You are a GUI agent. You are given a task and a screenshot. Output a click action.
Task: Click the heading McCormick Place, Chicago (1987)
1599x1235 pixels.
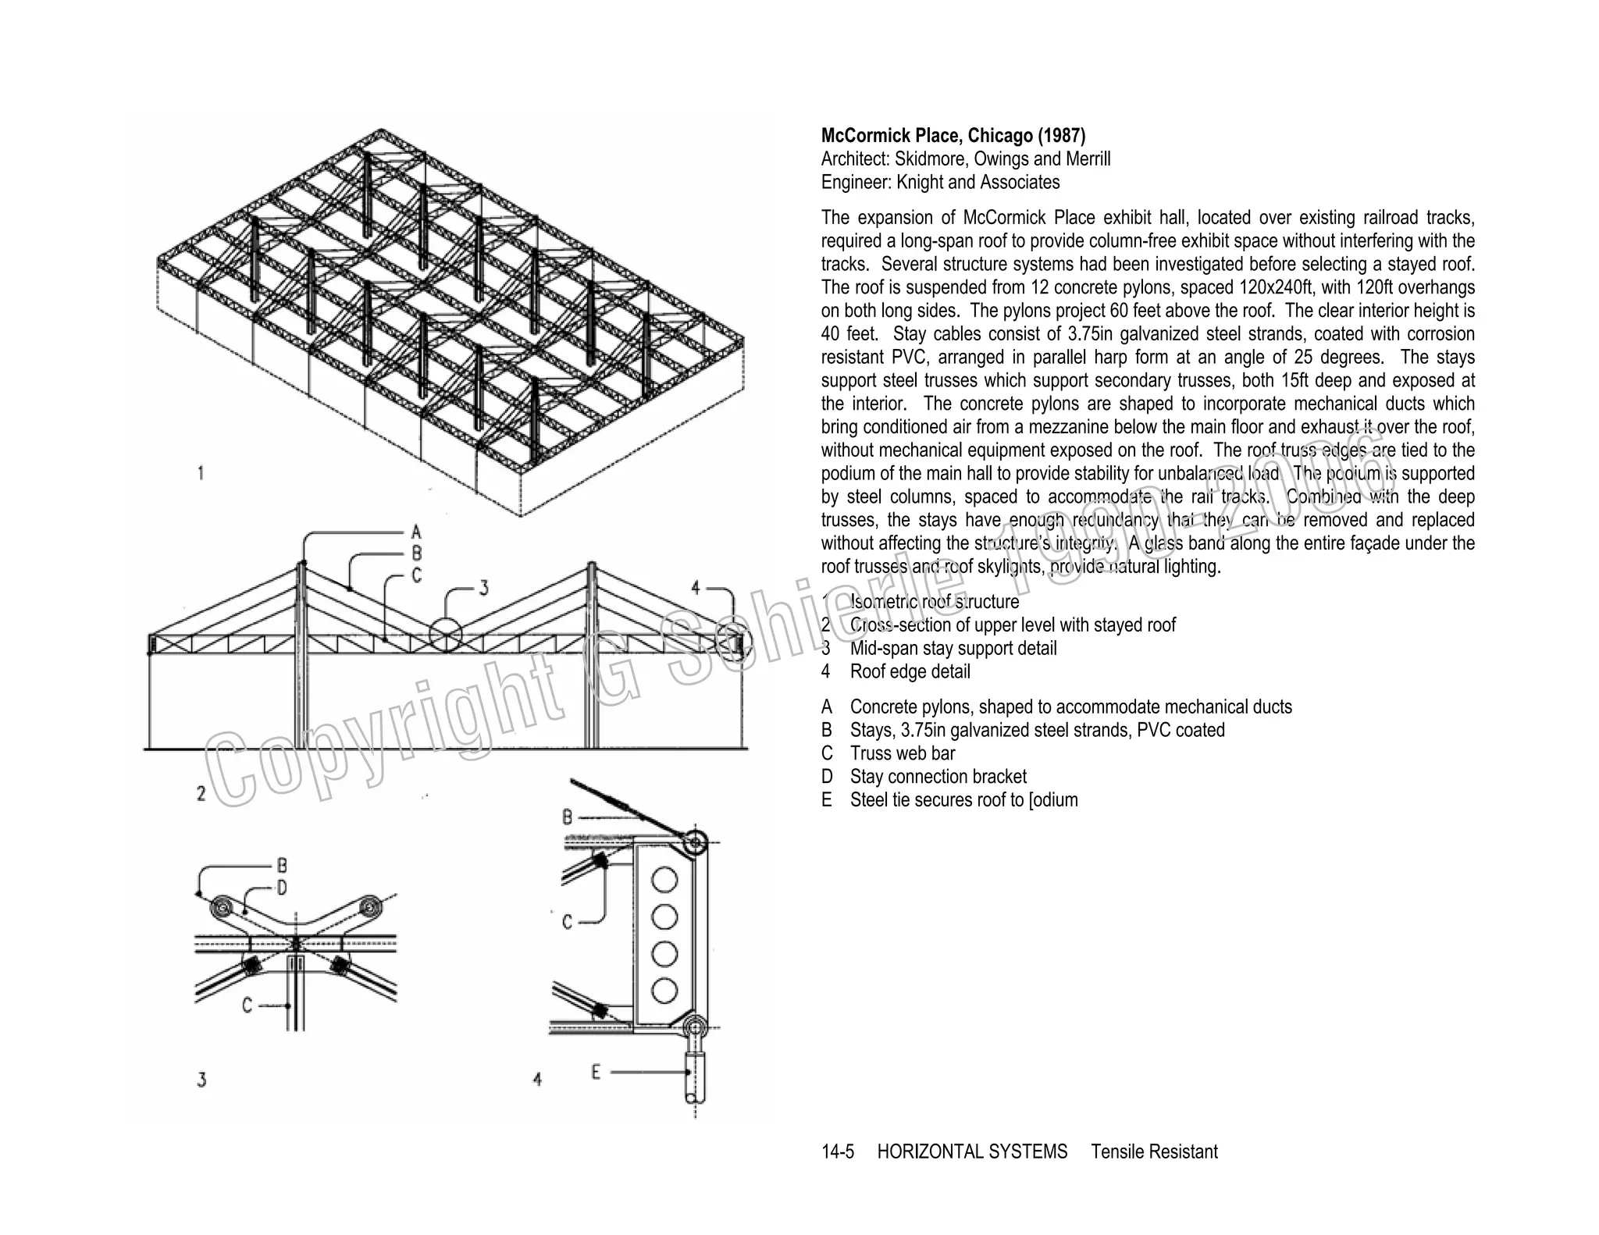click(953, 136)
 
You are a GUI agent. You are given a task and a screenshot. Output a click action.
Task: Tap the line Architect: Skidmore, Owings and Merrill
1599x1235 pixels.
click(965, 159)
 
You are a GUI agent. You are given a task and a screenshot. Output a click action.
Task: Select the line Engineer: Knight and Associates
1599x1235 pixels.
click(940, 183)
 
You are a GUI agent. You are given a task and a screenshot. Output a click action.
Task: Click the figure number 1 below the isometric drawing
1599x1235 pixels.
click(201, 473)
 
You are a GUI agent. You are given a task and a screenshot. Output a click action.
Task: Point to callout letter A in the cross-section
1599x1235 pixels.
click(416, 532)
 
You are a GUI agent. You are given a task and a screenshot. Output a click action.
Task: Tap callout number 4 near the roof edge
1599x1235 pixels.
click(696, 588)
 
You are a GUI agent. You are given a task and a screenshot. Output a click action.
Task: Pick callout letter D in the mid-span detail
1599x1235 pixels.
click(281, 888)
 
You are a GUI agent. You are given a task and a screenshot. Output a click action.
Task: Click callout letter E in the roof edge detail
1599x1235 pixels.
click(596, 1073)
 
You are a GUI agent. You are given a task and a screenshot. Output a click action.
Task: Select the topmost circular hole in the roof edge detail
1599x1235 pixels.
click(664, 880)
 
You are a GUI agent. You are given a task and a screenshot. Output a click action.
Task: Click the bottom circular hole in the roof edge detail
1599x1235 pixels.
click(664, 991)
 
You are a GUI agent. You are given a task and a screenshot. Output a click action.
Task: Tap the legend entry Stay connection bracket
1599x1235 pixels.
click(938, 777)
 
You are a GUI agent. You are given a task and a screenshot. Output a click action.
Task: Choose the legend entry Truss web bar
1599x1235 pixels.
click(902, 753)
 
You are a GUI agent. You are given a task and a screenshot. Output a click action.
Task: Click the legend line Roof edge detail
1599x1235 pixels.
click(910, 671)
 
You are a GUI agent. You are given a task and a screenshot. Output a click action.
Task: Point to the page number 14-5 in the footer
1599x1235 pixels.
click(837, 1152)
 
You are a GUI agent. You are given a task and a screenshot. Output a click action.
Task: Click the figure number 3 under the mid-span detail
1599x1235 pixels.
click(201, 1080)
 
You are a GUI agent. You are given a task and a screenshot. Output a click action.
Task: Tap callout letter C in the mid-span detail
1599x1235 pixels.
click(247, 1005)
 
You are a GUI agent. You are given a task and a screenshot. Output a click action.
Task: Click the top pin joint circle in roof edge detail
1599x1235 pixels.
click(694, 842)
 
